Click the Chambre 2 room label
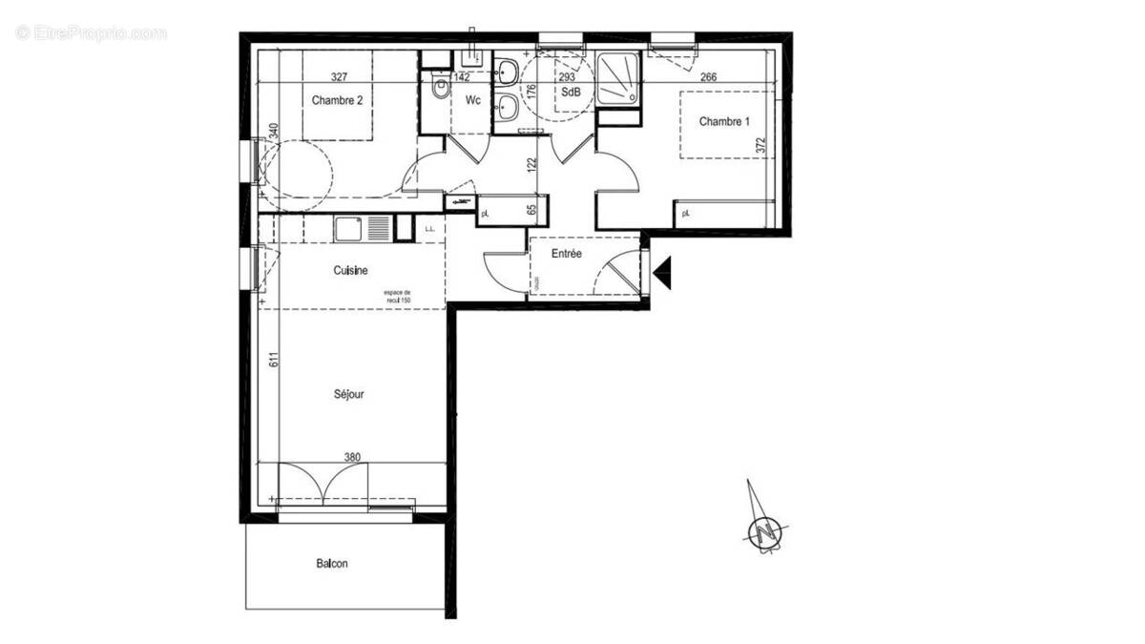(337, 100)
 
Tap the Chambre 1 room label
(725, 121)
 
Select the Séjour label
(348, 393)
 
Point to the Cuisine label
(350, 271)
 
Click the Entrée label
(567, 254)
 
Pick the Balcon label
(332, 564)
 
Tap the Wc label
(472, 100)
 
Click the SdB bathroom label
(571, 93)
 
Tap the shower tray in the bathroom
(619, 78)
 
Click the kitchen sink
(347, 229)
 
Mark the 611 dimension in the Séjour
(272, 361)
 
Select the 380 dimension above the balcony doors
(352, 457)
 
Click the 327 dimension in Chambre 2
(339, 77)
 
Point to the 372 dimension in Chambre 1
(760, 145)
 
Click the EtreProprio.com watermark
(91, 33)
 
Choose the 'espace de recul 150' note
(397, 296)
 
